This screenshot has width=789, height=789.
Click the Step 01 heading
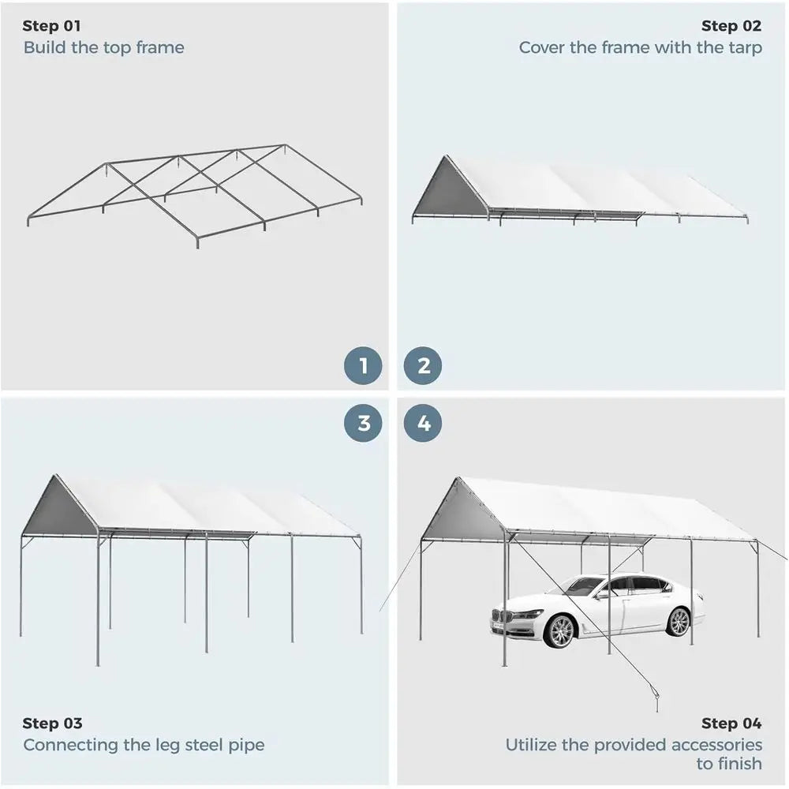pyautogui.click(x=51, y=26)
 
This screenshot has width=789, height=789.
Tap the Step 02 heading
pyautogui.click(x=731, y=26)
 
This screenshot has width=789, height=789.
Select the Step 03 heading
pyautogui.click(x=52, y=723)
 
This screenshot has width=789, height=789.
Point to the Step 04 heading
pyautogui.click(x=731, y=723)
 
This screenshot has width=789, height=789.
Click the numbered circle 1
pyautogui.click(x=363, y=366)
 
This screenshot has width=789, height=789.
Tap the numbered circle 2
pyautogui.click(x=423, y=366)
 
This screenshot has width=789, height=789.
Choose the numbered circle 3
pyautogui.click(x=363, y=423)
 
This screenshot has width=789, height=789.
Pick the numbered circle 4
pyautogui.click(x=423, y=423)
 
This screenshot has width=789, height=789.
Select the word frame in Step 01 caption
pyautogui.click(x=160, y=47)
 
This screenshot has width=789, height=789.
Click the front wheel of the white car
pyautogui.click(x=559, y=631)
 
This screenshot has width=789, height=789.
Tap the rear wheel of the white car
pyautogui.click(x=679, y=622)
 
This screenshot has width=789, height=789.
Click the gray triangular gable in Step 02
pyautogui.click(x=451, y=189)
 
